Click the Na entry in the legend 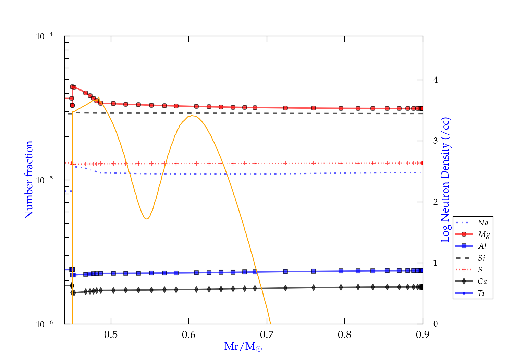(x=483, y=223)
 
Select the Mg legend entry (x=484, y=235)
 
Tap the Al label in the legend (x=482, y=246)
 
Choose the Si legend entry (x=482, y=258)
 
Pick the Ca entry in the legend (x=482, y=281)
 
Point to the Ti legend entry (x=481, y=293)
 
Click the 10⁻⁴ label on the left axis (x=45, y=36)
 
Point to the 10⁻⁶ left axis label (x=45, y=324)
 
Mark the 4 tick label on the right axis (x=436, y=80)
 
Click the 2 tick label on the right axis (x=436, y=202)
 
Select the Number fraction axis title (x=29, y=180)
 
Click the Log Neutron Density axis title (x=445, y=180)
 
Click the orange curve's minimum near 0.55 (x=147, y=219)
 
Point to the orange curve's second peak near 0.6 (x=193, y=116)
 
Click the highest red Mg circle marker (x=72, y=87)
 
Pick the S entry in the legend (x=480, y=270)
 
